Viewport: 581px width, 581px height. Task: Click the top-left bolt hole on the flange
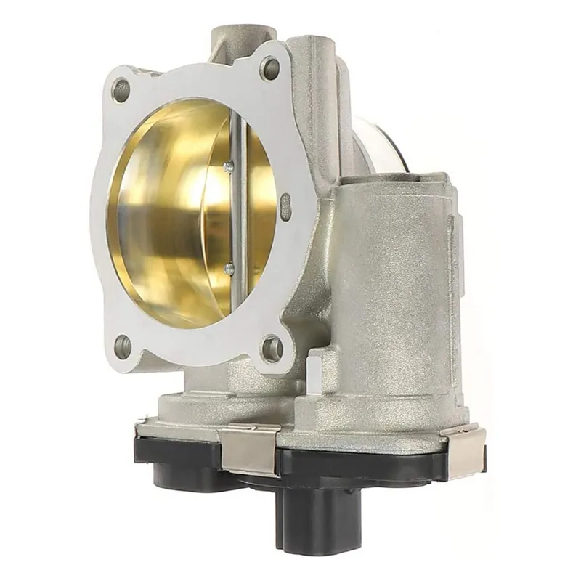[121, 90]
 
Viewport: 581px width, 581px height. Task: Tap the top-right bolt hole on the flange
[270, 69]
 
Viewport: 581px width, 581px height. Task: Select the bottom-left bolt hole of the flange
[123, 346]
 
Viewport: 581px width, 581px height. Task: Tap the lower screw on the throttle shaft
[229, 269]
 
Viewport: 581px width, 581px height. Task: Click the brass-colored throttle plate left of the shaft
[174, 218]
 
